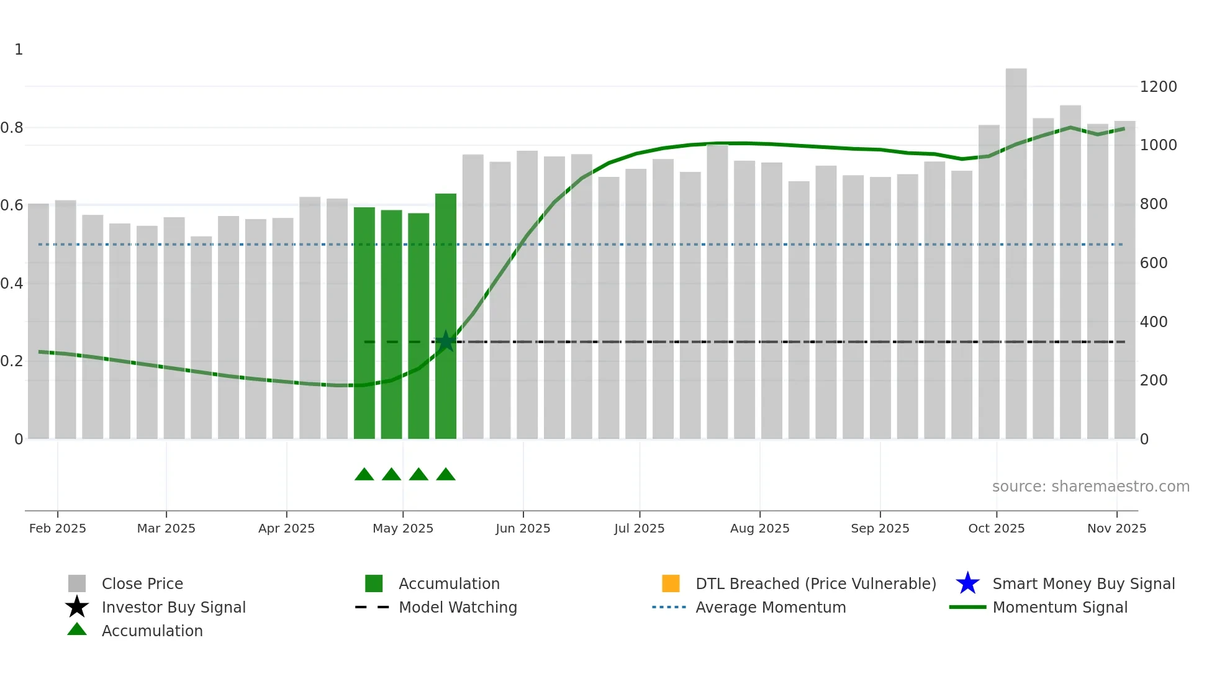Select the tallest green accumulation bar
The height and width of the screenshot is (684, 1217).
pos(446,317)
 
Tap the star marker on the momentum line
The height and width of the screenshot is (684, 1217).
pos(445,341)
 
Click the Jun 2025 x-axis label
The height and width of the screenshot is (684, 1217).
pos(523,528)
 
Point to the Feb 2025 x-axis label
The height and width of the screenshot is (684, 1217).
pos(58,528)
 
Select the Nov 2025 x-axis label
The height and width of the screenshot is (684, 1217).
pos(1116,528)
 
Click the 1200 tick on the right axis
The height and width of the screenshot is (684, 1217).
pos(1158,87)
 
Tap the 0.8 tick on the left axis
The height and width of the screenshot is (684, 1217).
pos(12,128)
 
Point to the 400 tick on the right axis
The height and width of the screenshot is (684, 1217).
pos(1154,322)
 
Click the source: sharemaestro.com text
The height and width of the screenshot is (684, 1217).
pos(1090,487)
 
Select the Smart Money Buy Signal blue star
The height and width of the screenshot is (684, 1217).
pos(967,583)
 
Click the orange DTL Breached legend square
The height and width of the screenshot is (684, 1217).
pos(671,583)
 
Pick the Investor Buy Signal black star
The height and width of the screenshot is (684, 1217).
pos(77,607)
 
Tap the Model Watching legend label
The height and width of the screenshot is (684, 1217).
pos(458,607)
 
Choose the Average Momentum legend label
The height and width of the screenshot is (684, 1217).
pos(771,607)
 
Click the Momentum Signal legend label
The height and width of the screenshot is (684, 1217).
pos(1060,607)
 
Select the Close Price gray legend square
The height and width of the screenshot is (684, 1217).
pos(77,583)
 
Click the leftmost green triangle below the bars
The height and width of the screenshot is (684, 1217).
pos(364,475)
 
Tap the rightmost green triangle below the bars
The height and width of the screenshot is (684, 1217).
pos(446,475)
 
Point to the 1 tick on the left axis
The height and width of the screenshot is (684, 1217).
pos(19,50)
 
